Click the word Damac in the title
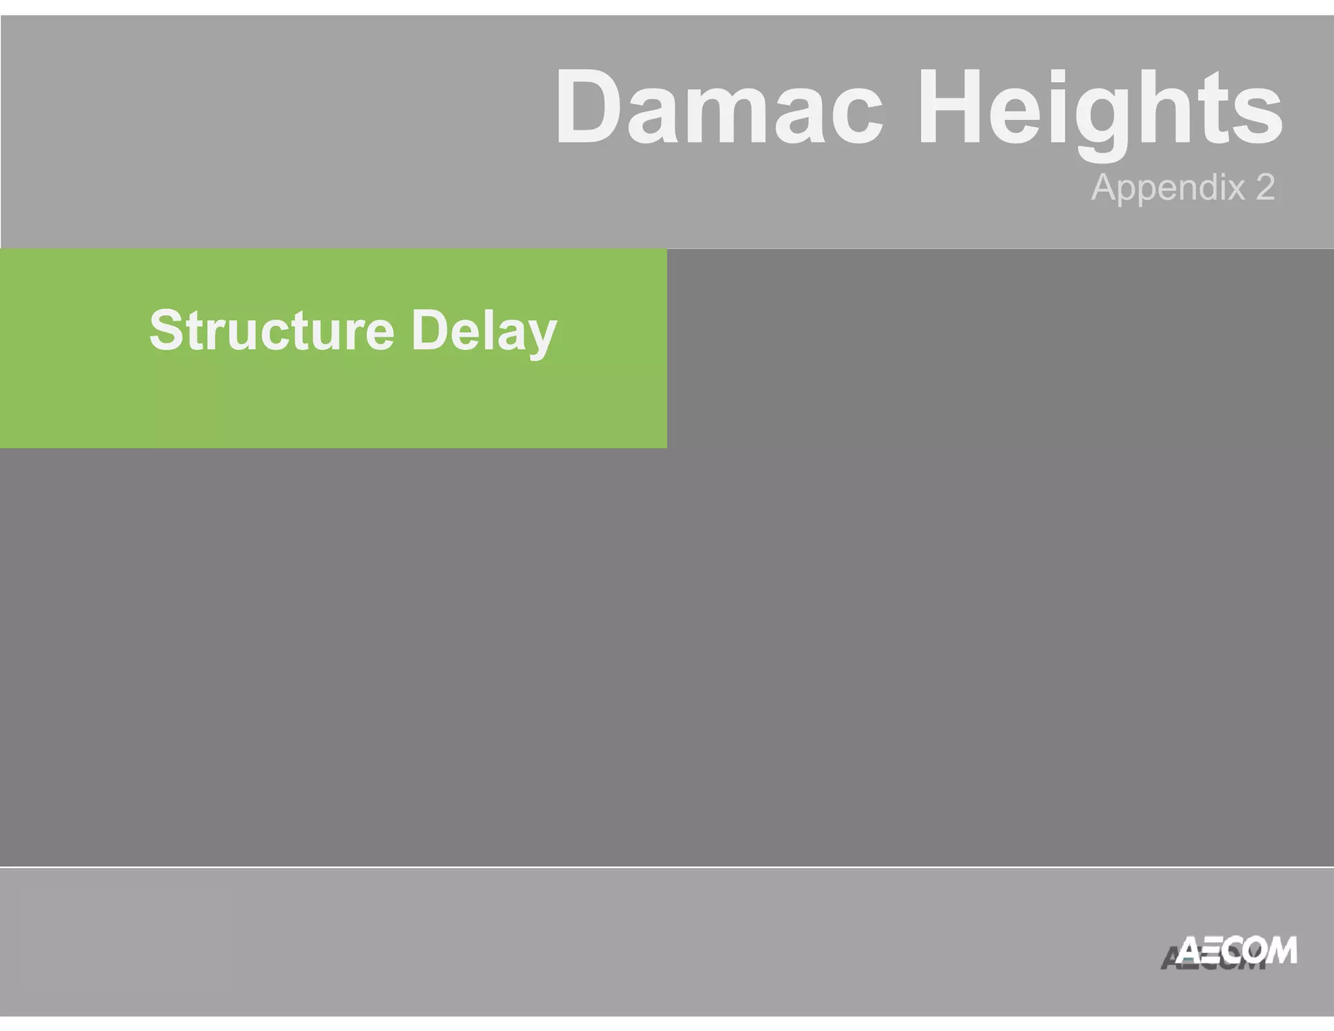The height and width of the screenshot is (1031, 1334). pos(718,108)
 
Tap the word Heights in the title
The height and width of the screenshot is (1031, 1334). pos(1100,108)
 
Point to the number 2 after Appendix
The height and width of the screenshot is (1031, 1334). pos(1264,188)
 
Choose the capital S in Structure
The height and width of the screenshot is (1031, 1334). pos(167,330)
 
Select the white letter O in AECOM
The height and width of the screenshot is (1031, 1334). pos(1247,951)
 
